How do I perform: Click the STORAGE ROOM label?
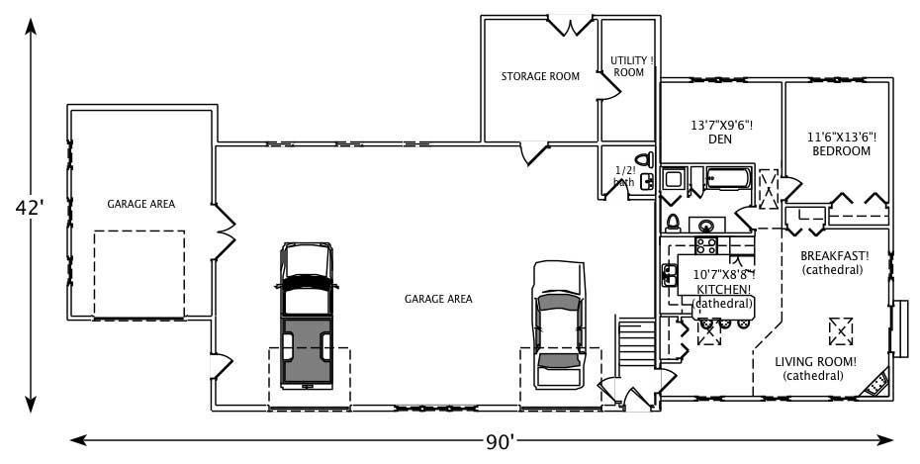[x=539, y=76]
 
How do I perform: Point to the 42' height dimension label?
[x=30, y=208]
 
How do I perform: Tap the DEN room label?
[x=719, y=140]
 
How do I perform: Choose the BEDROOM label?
[x=841, y=151]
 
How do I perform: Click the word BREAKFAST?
[x=835, y=255]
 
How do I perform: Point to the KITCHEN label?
[x=724, y=289]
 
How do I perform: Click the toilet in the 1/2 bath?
[x=643, y=160]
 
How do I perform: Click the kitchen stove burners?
[x=706, y=244]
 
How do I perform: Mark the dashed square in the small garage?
[x=138, y=275]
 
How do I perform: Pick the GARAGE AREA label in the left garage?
[x=141, y=205]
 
